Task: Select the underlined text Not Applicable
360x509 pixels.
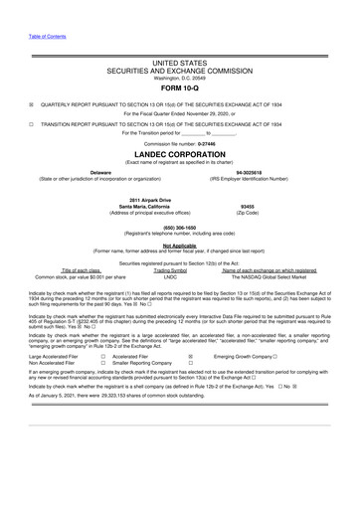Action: point(180,244)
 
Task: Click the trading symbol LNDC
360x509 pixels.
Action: point(170,275)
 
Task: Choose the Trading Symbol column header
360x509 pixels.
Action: point(170,269)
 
